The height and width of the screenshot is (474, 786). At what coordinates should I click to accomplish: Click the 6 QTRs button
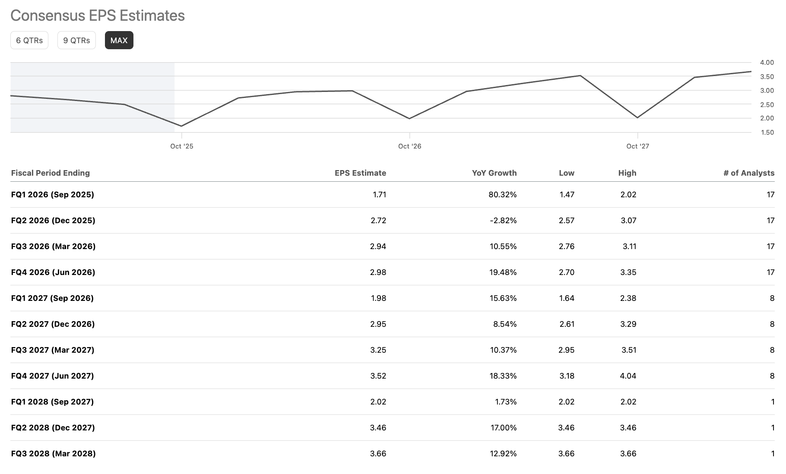(x=29, y=41)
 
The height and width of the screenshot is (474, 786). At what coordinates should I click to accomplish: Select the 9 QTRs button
(x=76, y=41)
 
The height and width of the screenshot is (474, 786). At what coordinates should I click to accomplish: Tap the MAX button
(x=119, y=41)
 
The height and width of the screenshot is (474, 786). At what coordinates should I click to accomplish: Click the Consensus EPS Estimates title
(x=98, y=16)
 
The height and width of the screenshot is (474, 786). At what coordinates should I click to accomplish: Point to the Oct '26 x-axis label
(x=409, y=146)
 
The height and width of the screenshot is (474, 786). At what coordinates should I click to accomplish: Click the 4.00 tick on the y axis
(x=767, y=63)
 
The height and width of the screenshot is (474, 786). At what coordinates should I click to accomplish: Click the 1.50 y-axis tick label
(x=767, y=133)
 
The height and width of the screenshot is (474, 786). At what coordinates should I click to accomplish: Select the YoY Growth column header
(x=494, y=173)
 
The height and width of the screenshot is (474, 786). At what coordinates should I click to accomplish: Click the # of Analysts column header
(x=748, y=173)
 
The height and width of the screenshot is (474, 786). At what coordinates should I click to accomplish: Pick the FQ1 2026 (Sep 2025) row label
(x=52, y=195)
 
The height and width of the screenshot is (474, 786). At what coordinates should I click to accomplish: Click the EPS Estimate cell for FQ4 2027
(x=378, y=376)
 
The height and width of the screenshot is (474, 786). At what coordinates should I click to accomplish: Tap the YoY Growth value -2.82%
(x=503, y=221)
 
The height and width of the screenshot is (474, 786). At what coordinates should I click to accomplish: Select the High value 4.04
(x=628, y=376)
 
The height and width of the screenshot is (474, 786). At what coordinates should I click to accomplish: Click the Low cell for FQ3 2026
(x=567, y=246)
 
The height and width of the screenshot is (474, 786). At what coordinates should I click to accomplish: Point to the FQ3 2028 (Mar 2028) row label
(x=53, y=454)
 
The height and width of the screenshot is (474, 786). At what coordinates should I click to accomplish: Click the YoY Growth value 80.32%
(x=502, y=195)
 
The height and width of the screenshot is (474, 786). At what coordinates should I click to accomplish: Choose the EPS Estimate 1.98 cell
(x=378, y=298)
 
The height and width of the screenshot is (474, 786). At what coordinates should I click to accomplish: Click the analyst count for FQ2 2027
(x=772, y=324)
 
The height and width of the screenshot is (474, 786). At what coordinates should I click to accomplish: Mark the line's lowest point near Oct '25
(x=181, y=126)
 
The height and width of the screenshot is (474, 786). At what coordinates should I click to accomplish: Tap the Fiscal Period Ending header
(x=51, y=173)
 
